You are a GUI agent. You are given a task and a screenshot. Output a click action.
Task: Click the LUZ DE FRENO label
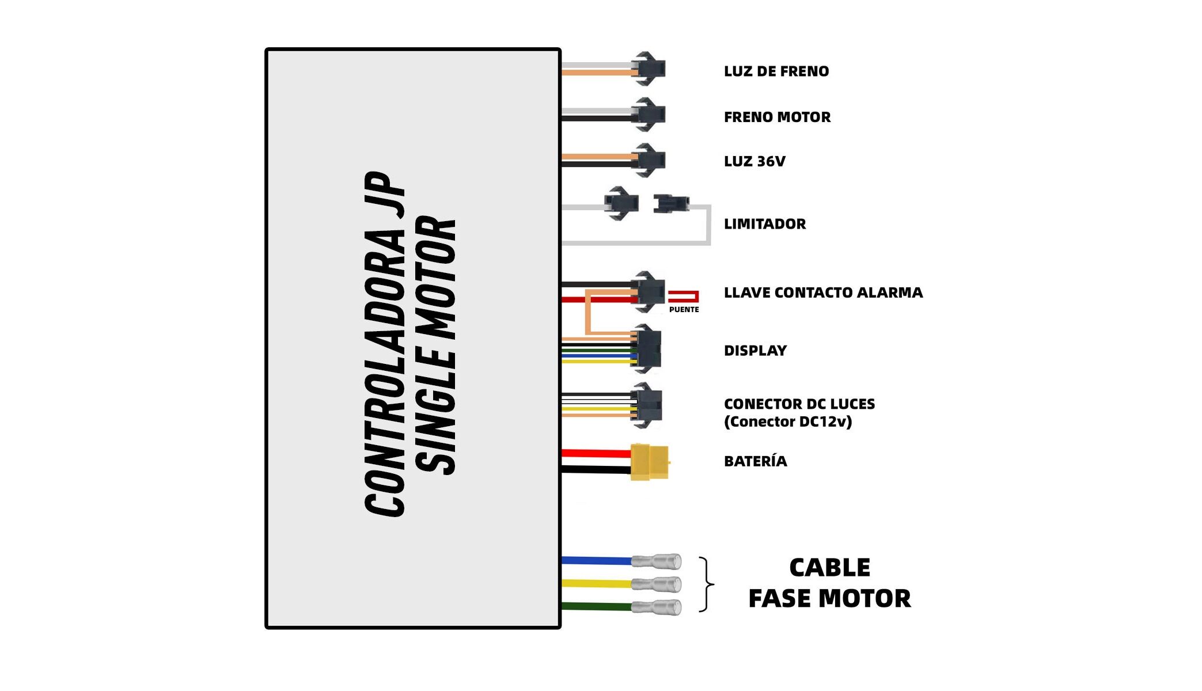776,71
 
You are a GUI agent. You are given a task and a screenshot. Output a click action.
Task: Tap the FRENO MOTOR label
777,117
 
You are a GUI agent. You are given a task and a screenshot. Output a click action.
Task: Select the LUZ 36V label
754,161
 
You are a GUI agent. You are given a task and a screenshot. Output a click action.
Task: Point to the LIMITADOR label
764,224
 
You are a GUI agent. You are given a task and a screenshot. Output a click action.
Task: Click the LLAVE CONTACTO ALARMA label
823,293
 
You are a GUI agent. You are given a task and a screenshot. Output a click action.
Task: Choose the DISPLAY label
755,351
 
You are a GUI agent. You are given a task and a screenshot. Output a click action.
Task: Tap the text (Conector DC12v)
787,422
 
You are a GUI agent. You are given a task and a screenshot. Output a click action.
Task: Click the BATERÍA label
755,461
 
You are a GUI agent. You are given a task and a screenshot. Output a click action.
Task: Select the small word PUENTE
684,310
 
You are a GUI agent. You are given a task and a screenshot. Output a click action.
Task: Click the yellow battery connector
650,462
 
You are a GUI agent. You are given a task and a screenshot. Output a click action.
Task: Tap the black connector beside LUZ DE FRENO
649,69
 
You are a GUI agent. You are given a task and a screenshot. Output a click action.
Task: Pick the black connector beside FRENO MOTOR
649,115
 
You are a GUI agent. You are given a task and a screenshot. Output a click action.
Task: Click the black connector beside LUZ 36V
649,160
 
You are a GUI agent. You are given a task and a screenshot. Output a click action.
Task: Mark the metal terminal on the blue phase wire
657,561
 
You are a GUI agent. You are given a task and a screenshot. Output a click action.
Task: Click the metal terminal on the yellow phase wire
657,584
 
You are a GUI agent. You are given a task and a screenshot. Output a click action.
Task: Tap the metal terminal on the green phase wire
657,607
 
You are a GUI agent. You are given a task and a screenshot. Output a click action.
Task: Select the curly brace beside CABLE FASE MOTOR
707,584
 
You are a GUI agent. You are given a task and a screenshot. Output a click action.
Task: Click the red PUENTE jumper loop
684,297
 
